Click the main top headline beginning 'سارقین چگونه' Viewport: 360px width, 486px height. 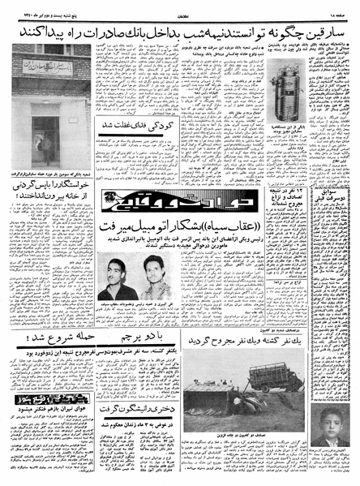180,31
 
